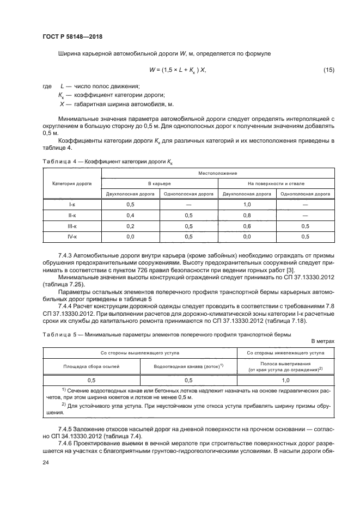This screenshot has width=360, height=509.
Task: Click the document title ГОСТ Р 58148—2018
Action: pos(72,36)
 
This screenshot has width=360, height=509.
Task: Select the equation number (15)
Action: pos(328,70)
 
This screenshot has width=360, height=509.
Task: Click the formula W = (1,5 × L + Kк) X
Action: pos(178,70)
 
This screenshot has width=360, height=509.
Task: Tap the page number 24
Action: pos(45,462)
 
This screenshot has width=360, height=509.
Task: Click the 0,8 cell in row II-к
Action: pos(247,215)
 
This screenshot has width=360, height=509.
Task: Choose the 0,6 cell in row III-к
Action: pos(247,226)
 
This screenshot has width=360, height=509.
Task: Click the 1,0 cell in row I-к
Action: pos(247,204)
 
